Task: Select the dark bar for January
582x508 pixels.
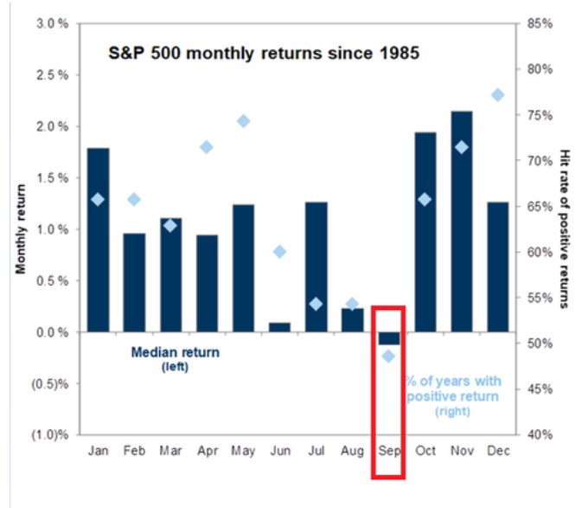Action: point(99,240)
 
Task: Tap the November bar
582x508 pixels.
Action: point(462,222)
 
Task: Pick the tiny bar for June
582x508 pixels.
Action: point(279,327)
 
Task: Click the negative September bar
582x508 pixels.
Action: point(388,338)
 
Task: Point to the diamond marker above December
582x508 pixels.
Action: point(497,95)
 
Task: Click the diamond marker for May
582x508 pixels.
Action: point(243,121)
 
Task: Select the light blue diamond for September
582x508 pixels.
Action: point(388,356)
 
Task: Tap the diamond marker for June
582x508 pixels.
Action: point(279,252)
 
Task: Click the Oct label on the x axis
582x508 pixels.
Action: point(425,451)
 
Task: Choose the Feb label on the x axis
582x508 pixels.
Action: point(134,451)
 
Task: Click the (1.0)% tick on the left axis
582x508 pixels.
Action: point(49,434)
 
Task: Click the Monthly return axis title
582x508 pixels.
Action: point(22,228)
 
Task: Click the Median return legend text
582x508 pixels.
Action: point(176,352)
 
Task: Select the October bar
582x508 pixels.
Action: point(425,232)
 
